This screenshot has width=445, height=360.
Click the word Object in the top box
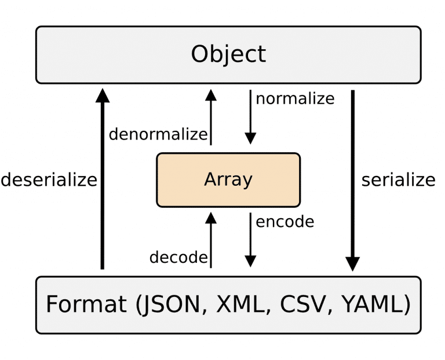tap(228, 54)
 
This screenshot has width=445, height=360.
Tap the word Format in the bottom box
tap(86, 304)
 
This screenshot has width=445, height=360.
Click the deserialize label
tap(49, 180)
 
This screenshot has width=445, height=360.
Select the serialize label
tap(398, 180)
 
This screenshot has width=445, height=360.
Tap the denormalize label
tap(158, 134)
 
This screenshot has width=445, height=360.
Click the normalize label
tap(295, 98)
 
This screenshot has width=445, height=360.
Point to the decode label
tap(178, 257)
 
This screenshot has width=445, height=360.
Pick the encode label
tap(284, 221)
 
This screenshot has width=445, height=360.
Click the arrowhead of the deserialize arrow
tap(103, 94)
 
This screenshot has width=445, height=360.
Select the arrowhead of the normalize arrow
tap(250, 138)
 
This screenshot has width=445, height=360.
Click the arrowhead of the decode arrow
tap(211, 218)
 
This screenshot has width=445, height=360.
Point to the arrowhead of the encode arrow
tap(250, 262)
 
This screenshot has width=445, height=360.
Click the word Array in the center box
tap(228, 179)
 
